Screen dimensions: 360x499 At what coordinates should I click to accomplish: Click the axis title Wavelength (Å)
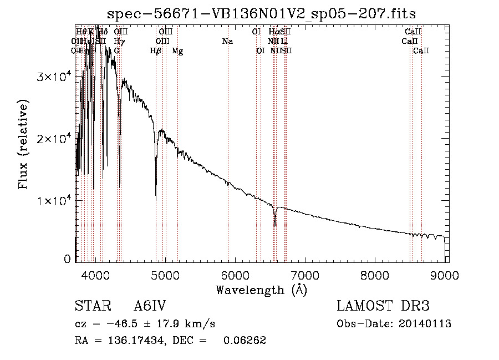pyautogui.click(x=261, y=290)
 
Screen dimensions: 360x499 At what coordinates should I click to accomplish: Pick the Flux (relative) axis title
pyautogui.click(x=23, y=144)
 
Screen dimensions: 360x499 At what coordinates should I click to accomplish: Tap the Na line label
pyautogui.click(x=227, y=41)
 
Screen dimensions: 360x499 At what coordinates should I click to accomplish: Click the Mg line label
pyautogui.click(x=178, y=50)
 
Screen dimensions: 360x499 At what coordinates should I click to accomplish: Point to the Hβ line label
pyautogui.click(x=156, y=50)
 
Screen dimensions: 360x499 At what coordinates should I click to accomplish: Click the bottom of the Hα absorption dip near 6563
pyautogui.click(x=274, y=225)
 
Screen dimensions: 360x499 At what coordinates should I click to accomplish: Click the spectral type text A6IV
pyautogui.click(x=150, y=307)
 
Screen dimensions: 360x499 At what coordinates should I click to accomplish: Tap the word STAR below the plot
pyautogui.click(x=92, y=307)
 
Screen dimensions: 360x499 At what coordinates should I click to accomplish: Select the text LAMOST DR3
pyautogui.click(x=383, y=307)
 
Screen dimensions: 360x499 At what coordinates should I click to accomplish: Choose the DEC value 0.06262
pyautogui.click(x=245, y=341)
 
